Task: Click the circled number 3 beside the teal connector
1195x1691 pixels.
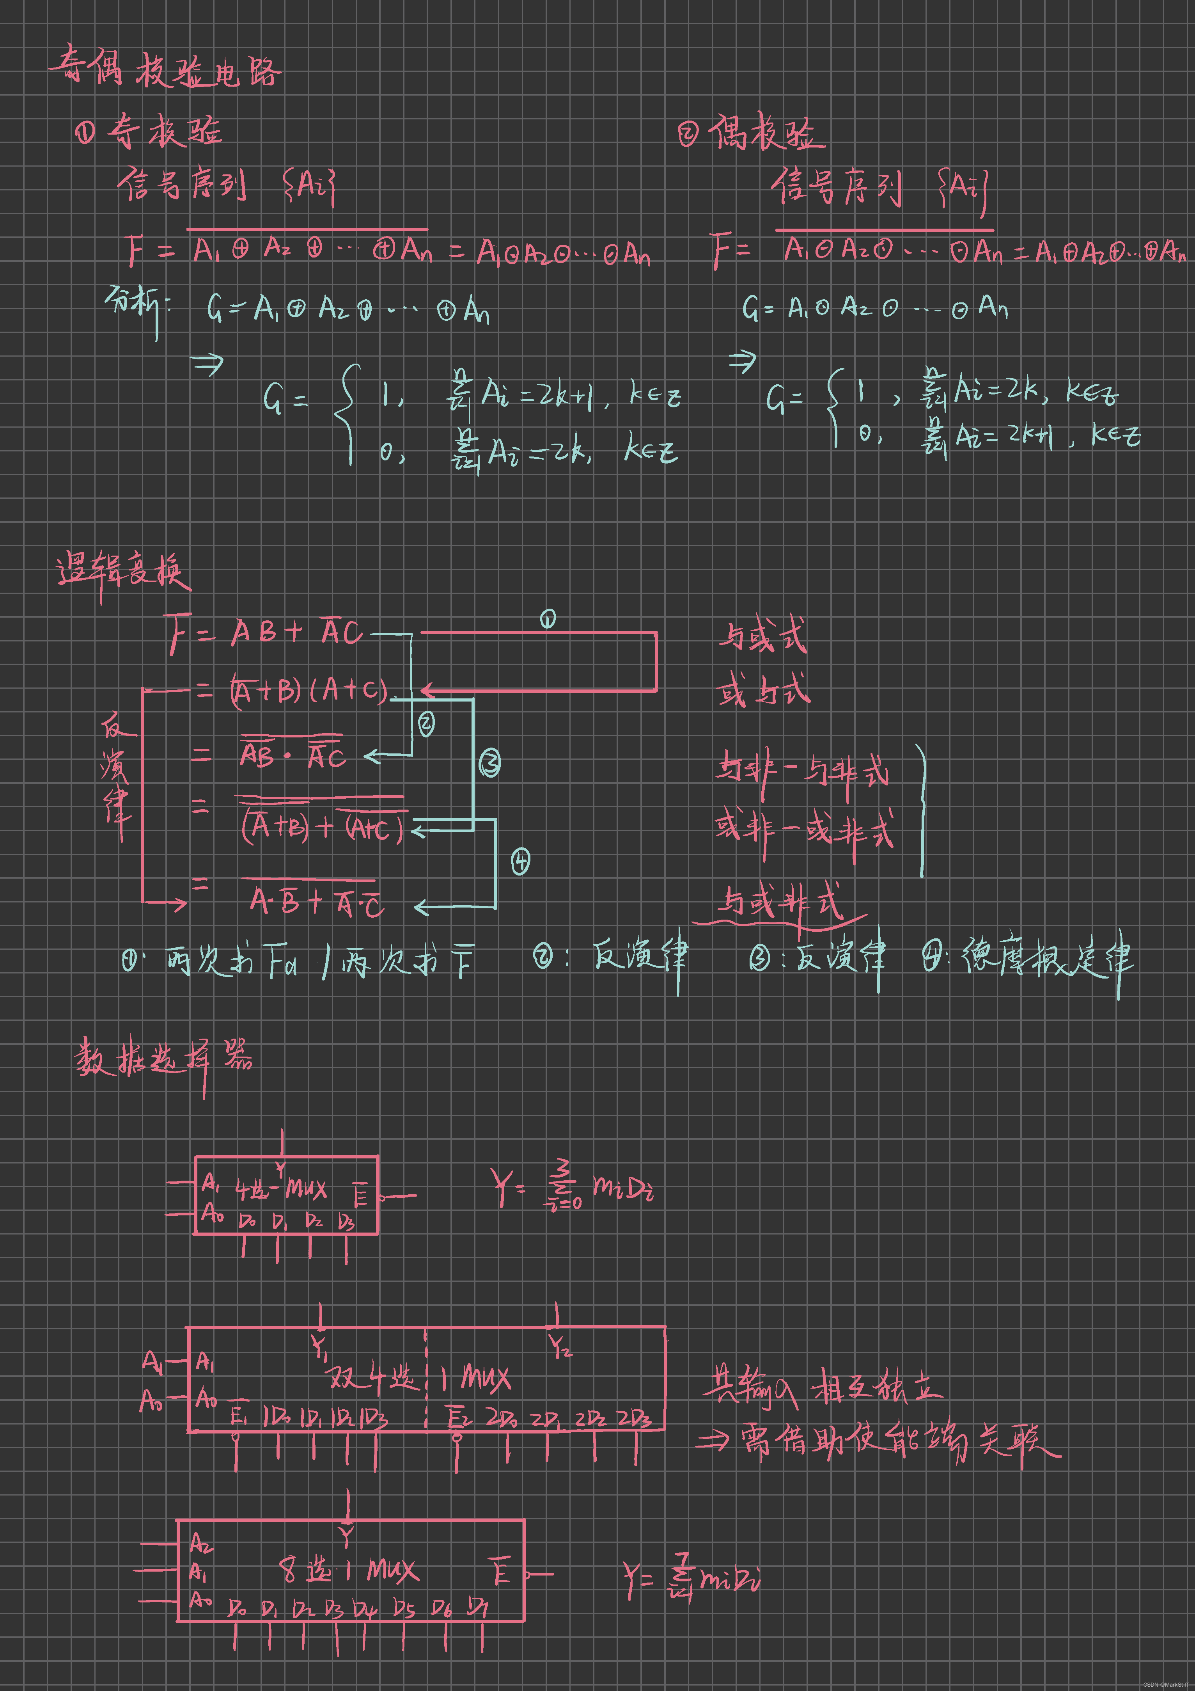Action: pos(489,763)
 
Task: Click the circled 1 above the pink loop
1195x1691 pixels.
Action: pos(548,619)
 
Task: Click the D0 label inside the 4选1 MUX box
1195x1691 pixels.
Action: pos(247,1221)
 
